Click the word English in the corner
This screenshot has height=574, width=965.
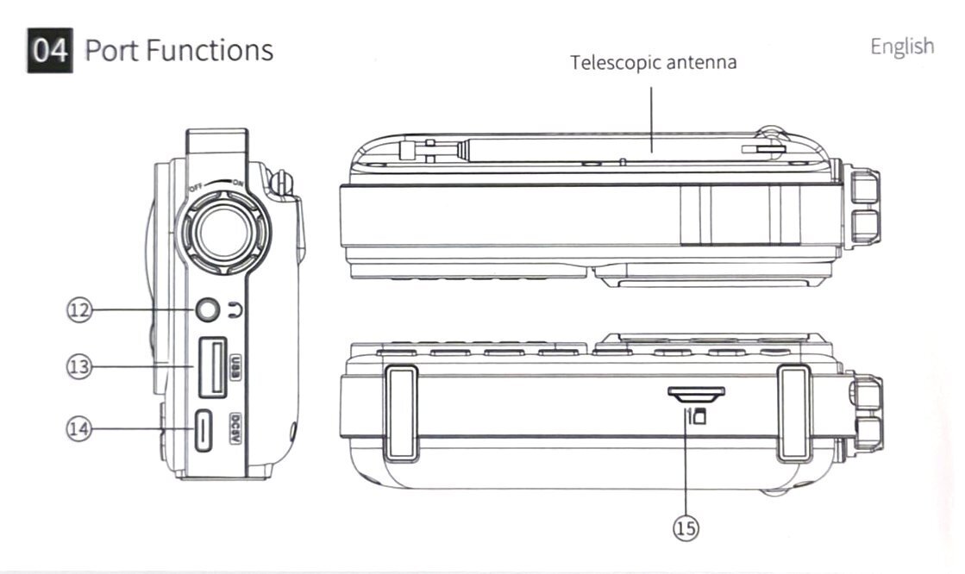(x=901, y=46)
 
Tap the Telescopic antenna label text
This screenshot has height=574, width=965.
(x=654, y=63)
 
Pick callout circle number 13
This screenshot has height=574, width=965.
(x=79, y=366)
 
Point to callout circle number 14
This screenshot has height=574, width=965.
(x=79, y=428)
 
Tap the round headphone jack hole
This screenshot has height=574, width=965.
(x=207, y=311)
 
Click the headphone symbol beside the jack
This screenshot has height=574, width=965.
(x=234, y=312)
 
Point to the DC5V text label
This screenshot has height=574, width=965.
(x=234, y=429)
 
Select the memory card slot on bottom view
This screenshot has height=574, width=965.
(x=696, y=393)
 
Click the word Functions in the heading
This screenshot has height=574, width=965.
(x=210, y=50)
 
